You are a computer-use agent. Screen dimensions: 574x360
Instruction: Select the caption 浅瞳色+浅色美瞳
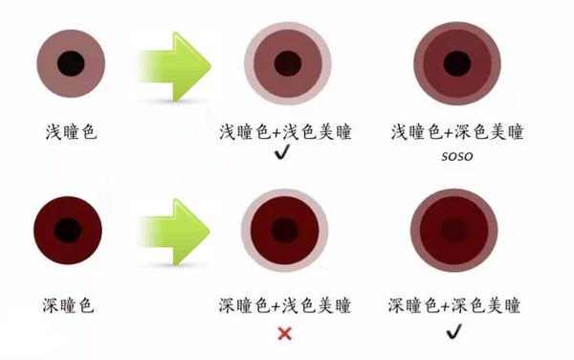(x=285, y=131)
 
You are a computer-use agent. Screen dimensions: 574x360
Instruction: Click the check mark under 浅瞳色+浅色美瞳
(x=282, y=154)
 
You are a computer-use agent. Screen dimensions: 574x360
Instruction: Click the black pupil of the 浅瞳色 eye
(x=69, y=64)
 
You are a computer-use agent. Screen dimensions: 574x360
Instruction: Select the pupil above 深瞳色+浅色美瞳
(x=284, y=230)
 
